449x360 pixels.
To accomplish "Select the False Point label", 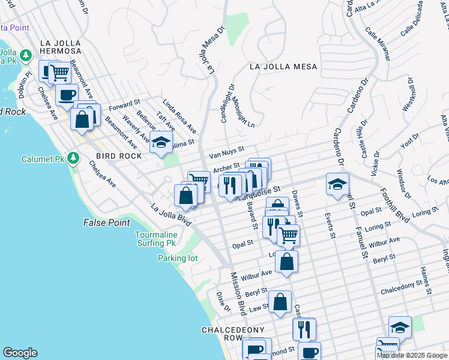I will click(106, 223).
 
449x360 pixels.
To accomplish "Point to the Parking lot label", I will click(178, 258).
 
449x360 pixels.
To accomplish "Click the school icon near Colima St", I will click(161, 142).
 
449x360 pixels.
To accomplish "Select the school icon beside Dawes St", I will click(337, 184).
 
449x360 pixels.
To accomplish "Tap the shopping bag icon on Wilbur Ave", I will click(287, 262).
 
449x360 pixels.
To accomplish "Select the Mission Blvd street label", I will click(239, 292).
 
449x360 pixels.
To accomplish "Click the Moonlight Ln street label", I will click(243, 112).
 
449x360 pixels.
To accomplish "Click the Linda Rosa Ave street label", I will click(179, 117).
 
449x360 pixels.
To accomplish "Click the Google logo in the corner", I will click(20, 353).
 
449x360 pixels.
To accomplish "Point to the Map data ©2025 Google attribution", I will click(412, 356).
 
